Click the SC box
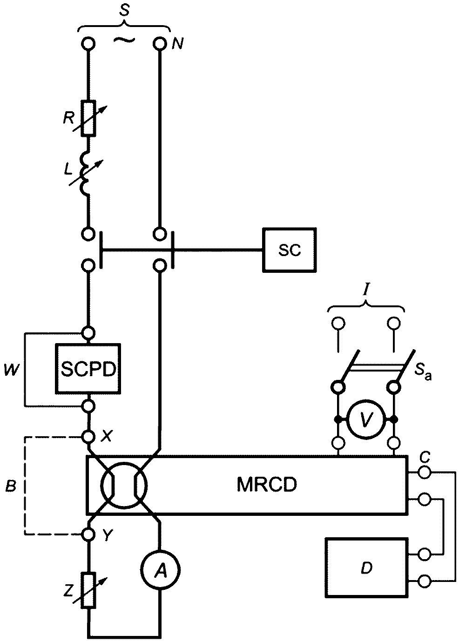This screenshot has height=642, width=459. tap(290, 250)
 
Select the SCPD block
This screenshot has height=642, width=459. tap(88, 369)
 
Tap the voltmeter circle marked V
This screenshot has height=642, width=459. tap(365, 420)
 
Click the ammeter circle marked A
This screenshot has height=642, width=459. tap(161, 570)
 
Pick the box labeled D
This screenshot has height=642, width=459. tap(366, 568)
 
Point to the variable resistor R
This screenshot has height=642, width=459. tap(88, 118)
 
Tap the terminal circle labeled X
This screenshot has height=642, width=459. tap(88, 437)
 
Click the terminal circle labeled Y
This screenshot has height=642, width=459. tap(88, 534)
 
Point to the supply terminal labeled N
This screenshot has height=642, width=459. tap(160, 44)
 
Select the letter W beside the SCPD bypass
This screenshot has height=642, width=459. tap(12, 371)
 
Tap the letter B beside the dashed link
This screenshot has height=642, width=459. tap(11, 486)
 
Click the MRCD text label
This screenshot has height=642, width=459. tap(267, 485)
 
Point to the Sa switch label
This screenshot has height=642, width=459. tap(423, 372)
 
